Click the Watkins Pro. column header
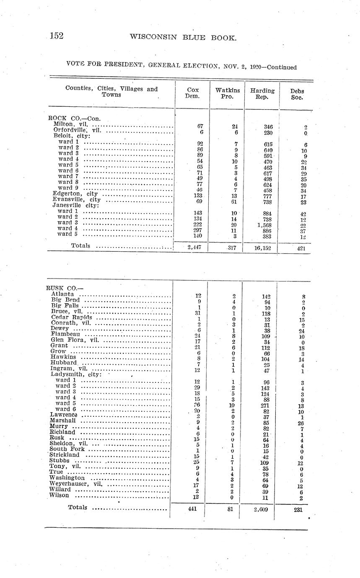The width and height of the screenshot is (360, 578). [x=228, y=93]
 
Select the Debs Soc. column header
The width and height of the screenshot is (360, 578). [x=297, y=94]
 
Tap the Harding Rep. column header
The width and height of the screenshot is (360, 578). [x=262, y=94]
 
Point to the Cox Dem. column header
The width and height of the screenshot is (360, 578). [x=193, y=93]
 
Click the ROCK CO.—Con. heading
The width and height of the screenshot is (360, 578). [x=75, y=119]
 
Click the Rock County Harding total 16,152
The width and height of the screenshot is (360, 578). [x=262, y=248]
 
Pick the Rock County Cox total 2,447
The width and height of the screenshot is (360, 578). [x=193, y=248]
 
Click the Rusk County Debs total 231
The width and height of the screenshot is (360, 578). [x=298, y=510]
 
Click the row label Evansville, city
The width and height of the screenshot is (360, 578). [x=77, y=199]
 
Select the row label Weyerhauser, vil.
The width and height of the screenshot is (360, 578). [x=76, y=483]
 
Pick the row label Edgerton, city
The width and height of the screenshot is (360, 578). [x=75, y=194]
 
